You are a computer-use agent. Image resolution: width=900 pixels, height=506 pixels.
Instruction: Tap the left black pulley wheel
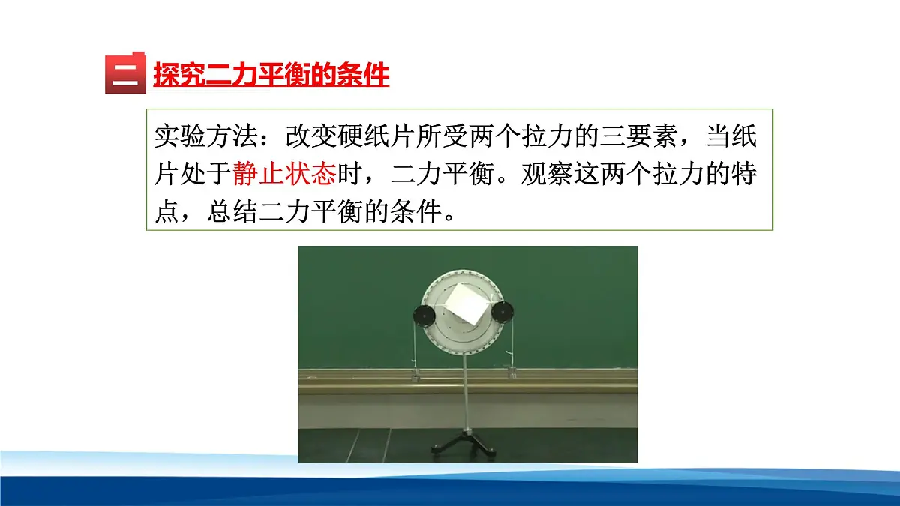tap(424, 315)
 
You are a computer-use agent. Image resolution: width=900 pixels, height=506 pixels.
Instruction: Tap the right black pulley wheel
tap(505, 312)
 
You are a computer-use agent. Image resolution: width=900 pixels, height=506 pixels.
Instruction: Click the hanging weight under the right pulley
tap(514, 368)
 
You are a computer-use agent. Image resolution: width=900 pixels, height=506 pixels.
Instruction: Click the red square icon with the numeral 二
tap(124, 73)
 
